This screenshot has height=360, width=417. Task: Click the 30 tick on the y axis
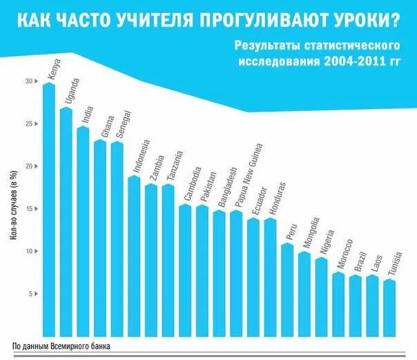pos(29,81)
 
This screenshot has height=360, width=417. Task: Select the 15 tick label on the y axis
pos(29,209)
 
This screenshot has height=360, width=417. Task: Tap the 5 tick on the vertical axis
pos(30,294)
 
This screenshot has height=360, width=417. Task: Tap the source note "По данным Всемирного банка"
pos(61,346)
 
